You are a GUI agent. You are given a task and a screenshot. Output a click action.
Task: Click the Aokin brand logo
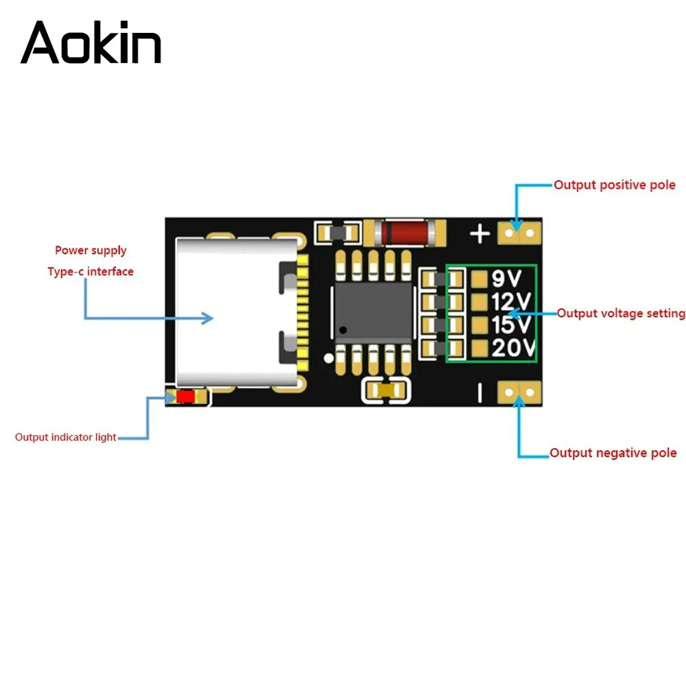point(91,43)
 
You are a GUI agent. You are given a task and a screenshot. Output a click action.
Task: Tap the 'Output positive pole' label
point(614,185)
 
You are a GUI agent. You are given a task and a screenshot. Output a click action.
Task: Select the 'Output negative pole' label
point(613,453)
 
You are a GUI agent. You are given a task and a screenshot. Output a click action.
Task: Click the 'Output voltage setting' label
point(621,314)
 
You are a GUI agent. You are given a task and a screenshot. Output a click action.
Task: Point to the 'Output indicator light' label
point(66,437)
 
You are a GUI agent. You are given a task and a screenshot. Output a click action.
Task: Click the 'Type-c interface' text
point(91,272)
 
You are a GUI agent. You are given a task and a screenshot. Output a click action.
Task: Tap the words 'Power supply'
point(91,250)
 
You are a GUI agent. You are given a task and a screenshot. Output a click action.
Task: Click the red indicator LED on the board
point(185,397)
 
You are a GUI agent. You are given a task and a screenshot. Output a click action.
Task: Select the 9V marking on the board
point(507,279)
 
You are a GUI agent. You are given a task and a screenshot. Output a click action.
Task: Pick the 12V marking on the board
point(511,301)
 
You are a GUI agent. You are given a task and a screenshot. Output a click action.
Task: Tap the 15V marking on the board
point(511,324)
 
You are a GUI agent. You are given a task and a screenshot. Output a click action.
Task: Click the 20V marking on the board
point(513,348)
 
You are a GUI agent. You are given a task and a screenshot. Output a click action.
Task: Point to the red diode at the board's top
point(405,233)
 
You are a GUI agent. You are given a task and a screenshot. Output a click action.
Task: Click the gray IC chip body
point(374,312)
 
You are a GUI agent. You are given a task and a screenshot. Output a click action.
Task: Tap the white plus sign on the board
point(480,234)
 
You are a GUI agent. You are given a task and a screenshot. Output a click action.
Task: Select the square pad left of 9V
point(480,279)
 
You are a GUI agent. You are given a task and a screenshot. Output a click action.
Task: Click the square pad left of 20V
point(480,348)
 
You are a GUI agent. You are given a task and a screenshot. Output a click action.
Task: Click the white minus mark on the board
point(480,392)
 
